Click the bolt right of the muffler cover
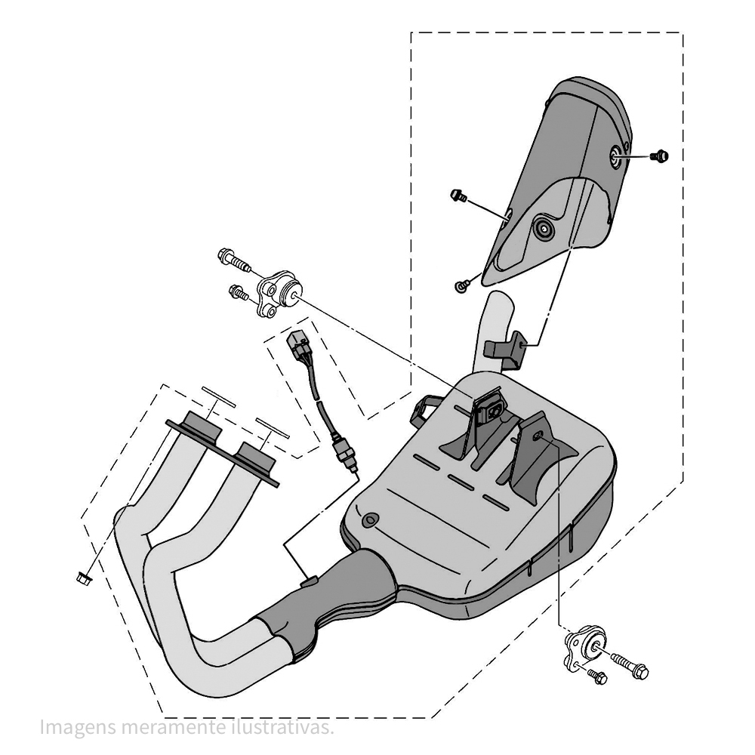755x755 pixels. pyautogui.click(x=659, y=156)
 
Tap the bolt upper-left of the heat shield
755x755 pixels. pyautogui.click(x=458, y=196)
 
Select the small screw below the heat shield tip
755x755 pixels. pyautogui.click(x=461, y=286)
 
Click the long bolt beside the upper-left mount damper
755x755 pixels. pyautogui.click(x=234, y=260)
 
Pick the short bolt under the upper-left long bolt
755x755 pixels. pyautogui.click(x=239, y=292)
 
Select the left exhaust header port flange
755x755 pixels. pyautogui.click(x=203, y=426)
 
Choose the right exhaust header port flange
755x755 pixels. pyautogui.click(x=257, y=457)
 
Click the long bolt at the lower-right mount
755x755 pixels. pyautogui.click(x=630, y=665)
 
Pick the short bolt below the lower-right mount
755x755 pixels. pyautogui.click(x=596, y=676)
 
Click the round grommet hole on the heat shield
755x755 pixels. pyautogui.click(x=545, y=230)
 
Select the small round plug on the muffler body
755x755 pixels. pyautogui.click(x=370, y=520)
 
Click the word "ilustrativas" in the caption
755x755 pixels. pyautogui.click(x=281, y=727)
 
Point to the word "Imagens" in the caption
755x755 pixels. pyautogui.click(x=78, y=729)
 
